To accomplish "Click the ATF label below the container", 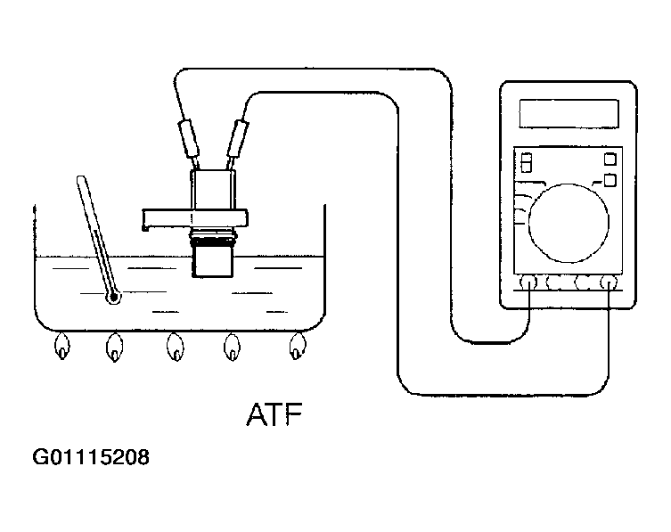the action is [x=274, y=413].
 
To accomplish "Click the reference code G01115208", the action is [x=91, y=457].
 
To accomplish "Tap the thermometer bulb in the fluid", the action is [x=114, y=297].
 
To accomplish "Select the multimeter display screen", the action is [x=569, y=113].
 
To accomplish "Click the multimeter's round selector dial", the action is [x=569, y=223].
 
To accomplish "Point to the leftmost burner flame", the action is [x=62, y=347].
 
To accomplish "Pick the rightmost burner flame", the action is [x=298, y=346].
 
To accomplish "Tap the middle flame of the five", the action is [x=176, y=347].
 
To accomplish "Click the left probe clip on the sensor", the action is [x=188, y=139].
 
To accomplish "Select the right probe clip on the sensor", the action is [x=238, y=139].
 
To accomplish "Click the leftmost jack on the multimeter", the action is [x=528, y=282].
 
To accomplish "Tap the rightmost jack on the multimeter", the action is [x=609, y=282].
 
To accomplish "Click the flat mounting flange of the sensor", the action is [x=195, y=218].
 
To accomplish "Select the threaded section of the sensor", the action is [x=214, y=238].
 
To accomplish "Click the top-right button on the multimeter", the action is [x=610, y=160].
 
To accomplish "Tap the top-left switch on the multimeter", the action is [x=527, y=163].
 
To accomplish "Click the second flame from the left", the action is [x=115, y=348].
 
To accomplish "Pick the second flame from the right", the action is [x=232, y=347].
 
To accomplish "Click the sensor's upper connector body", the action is [x=213, y=190].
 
